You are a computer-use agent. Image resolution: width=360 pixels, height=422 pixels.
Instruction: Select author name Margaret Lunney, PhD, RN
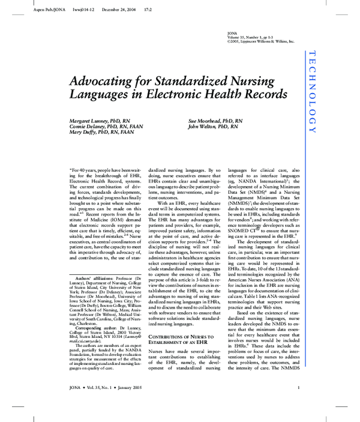(99, 121)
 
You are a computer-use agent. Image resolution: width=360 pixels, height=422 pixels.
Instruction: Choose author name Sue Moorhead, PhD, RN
(215, 121)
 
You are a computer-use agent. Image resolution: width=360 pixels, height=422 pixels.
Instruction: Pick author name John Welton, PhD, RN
(212, 127)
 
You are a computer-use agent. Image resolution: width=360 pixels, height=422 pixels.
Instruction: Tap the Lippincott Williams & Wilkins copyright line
(261, 41)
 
